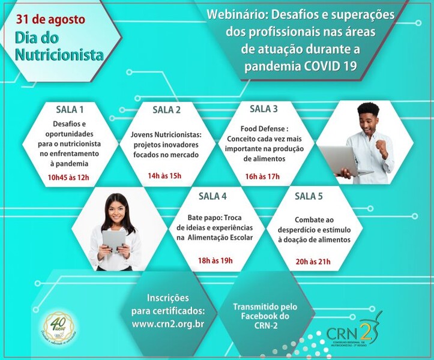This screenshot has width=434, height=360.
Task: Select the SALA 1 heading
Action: tap(70, 109)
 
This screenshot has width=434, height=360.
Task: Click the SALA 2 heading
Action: tap(166, 109)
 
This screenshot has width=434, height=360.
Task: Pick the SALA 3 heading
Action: tap(264, 109)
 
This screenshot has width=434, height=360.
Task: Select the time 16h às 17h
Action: tap(262, 176)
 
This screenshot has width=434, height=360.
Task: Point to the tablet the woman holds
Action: tap(114, 241)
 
